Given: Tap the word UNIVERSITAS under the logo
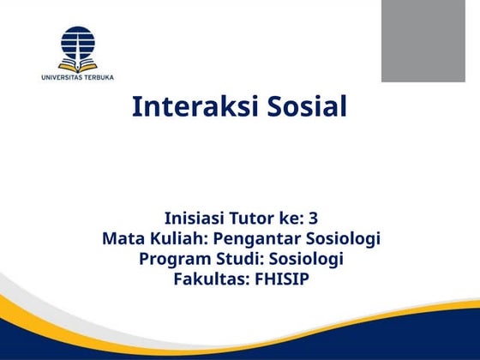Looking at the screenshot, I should [65, 78].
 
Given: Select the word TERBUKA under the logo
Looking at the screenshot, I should [99, 78].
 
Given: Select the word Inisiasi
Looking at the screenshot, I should [195, 218].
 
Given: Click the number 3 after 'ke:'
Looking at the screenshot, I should [314, 218].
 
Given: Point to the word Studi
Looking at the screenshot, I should [237, 259].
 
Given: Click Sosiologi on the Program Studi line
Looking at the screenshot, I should [306, 259].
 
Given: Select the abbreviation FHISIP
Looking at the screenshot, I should [280, 279].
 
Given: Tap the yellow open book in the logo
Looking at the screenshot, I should [78, 65].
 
